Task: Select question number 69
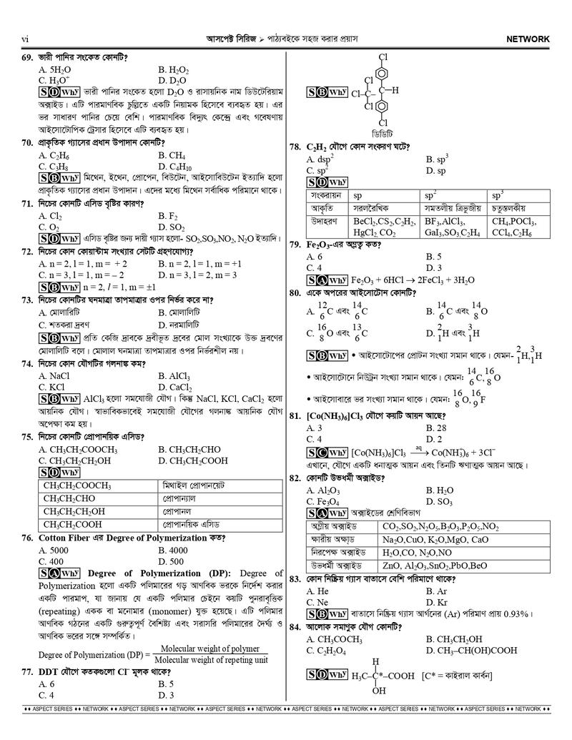pyautogui.click(x=28, y=56)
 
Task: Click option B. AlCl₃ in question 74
pyautogui.click(x=173, y=375)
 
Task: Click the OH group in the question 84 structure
pyautogui.click(x=379, y=691)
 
